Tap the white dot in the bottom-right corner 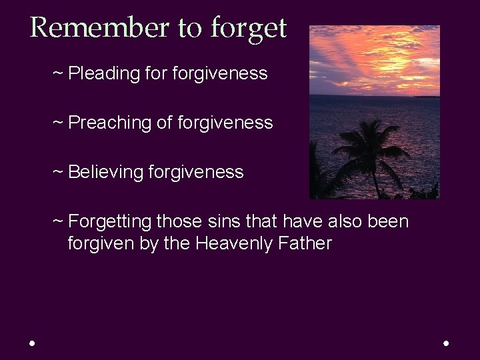pos(446,343)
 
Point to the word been pos(391,221)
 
